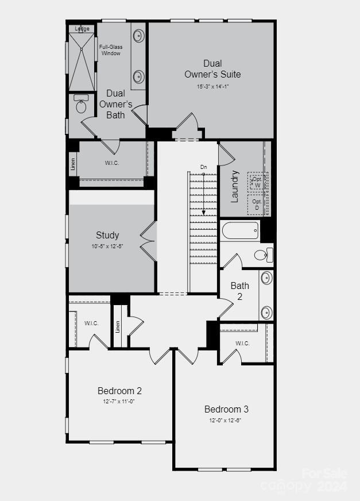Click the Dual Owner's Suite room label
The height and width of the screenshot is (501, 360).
point(212,68)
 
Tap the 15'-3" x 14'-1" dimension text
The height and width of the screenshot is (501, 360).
point(212,87)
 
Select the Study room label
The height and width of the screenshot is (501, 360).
point(107,235)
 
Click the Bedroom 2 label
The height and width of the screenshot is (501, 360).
point(120,391)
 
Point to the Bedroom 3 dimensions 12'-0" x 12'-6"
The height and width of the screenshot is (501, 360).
point(226,420)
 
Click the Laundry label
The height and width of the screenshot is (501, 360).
point(234,187)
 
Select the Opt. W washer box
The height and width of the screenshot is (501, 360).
point(257,182)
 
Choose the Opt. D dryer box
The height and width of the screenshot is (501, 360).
point(257,205)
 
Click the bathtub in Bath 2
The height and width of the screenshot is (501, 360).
point(241,231)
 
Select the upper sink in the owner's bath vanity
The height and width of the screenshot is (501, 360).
point(138,36)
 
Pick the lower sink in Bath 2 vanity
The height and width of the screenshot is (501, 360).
point(266,313)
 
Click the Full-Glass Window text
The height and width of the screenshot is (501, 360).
point(110,50)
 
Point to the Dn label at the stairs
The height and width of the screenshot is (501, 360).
point(203,167)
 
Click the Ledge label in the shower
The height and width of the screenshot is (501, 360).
point(82,28)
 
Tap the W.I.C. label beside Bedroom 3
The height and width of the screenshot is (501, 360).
point(242,344)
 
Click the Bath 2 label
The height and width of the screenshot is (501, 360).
point(240,291)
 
